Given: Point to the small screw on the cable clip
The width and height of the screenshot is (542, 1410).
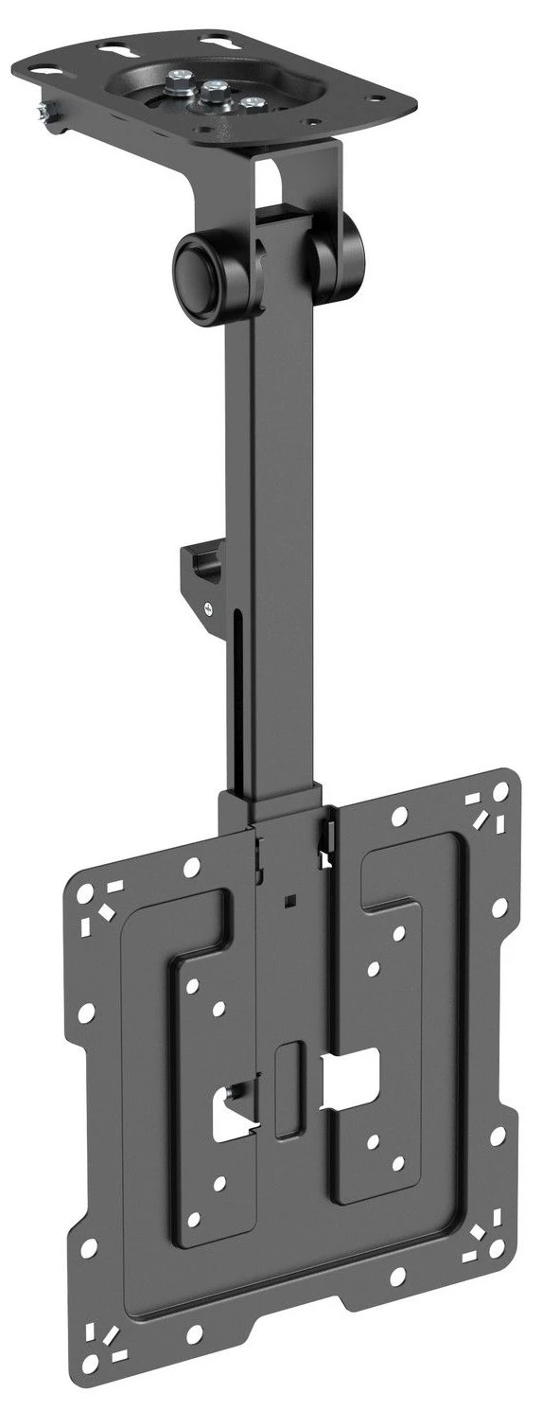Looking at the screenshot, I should (205, 611).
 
